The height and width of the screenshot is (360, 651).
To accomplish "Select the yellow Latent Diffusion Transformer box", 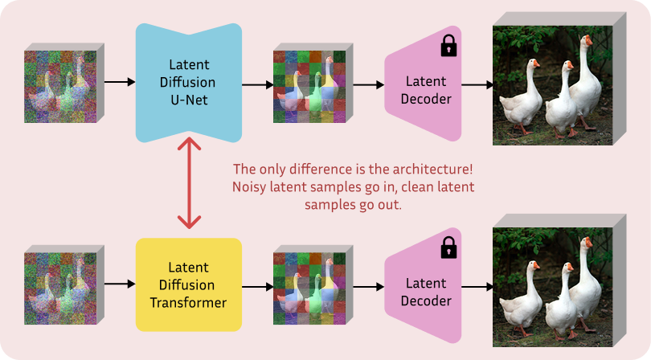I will click(x=189, y=284).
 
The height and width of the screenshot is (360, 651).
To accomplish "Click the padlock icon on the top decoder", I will click(x=448, y=47).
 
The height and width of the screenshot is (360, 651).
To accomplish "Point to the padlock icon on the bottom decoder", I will click(x=448, y=247).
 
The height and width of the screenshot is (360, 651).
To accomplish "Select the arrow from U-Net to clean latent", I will click(x=257, y=84).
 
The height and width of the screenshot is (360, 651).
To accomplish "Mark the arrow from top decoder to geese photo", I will click(x=477, y=84).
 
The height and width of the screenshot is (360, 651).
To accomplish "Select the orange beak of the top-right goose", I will click(x=589, y=40).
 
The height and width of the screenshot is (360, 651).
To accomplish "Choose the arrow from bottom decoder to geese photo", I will click(x=477, y=285).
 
